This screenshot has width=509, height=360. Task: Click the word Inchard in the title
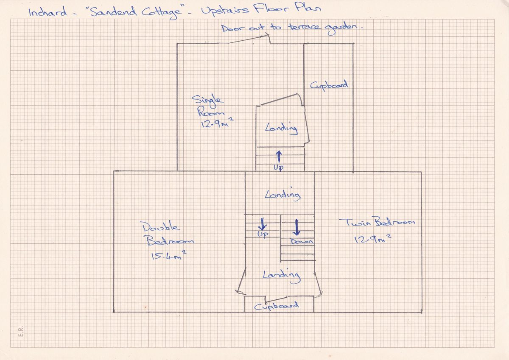click(x=48, y=11)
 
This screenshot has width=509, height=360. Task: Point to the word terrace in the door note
click(x=304, y=27)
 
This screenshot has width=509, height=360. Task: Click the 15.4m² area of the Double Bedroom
click(x=169, y=256)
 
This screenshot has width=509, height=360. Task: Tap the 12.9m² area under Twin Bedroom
click(x=373, y=239)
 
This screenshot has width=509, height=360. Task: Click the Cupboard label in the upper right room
click(x=329, y=85)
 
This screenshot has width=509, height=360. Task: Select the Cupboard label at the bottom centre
click(x=276, y=306)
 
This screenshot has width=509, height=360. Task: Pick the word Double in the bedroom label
click(x=160, y=227)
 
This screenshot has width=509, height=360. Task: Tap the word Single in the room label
click(x=207, y=100)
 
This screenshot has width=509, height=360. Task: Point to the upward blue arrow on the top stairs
click(x=279, y=157)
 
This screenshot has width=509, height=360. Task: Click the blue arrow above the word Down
click(x=296, y=227)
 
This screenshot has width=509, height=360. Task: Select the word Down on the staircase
click(x=302, y=241)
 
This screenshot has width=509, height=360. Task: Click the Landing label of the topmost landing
click(x=282, y=128)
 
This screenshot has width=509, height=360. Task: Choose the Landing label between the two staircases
click(x=282, y=195)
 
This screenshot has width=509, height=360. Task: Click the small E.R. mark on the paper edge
click(x=21, y=332)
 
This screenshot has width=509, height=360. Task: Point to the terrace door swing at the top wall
click(x=249, y=39)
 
